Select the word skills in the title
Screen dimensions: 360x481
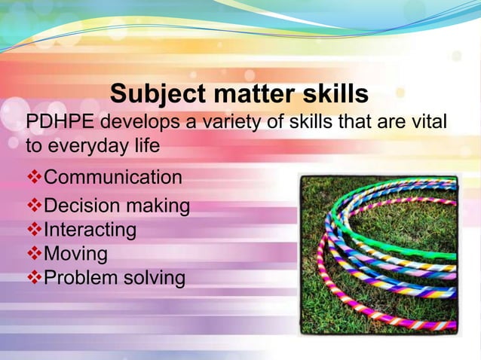pyautogui.click(x=332, y=95)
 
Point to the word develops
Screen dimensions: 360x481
pyautogui.click(x=143, y=122)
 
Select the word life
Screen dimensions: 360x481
pyautogui.click(x=146, y=145)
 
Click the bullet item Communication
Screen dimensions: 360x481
pyautogui.click(x=113, y=178)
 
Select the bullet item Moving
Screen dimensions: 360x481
pyautogui.click(x=76, y=253)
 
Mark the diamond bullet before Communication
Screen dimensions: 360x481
pyautogui.click(x=34, y=178)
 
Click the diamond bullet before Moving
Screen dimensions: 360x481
pyautogui.click(x=34, y=253)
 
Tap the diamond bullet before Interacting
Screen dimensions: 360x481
pyautogui.click(x=34, y=229)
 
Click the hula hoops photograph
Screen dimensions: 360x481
pyautogui.click(x=378, y=253)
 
